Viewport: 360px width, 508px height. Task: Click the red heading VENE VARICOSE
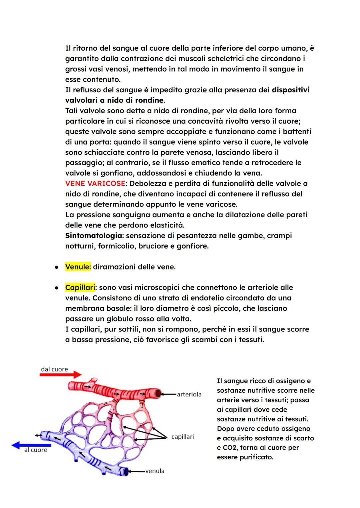pyautogui.click(x=95, y=184)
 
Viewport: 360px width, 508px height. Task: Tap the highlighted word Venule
pyautogui.click(x=78, y=267)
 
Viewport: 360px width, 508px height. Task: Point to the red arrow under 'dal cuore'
pyautogui.click(x=60, y=375)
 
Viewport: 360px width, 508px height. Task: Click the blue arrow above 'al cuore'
pyautogui.click(x=31, y=445)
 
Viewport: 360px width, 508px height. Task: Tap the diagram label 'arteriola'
pyautogui.click(x=189, y=394)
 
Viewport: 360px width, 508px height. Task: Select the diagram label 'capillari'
pyautogui.click(x=182, y=437)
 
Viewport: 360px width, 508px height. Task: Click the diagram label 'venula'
pyautogui.click(x=155, y=471)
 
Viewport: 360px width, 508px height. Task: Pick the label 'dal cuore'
pyautogui.click(x=54, y=369)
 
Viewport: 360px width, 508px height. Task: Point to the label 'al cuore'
pyautogui.click(x=36, y=450)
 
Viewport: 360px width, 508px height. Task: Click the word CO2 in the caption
pyautogui.click(x=229, y=448)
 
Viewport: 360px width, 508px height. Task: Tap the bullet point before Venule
pyautogui.click(x=57, y=267)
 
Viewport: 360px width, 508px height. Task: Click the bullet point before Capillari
pyautogui.click(x=57, y=288)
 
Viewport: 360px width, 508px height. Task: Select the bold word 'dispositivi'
pyautogui.click(x=291, y=90)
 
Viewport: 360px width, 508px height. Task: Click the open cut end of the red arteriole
pyautogui.click(x=158, y=393)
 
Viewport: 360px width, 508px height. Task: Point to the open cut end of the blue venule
pyautogui.click(x=126, y=471)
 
